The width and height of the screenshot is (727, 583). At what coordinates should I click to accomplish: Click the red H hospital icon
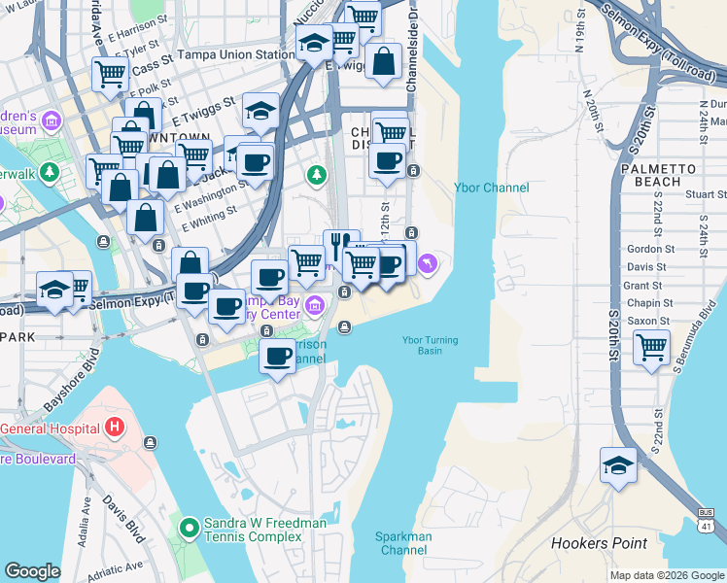click(x=115, y=427)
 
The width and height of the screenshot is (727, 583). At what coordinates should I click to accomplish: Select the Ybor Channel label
click(x=492, y=188)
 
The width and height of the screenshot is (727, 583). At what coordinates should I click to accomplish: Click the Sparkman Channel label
click(x=404, y=543)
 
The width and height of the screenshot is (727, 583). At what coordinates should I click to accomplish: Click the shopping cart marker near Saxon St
click(x=650, y=346)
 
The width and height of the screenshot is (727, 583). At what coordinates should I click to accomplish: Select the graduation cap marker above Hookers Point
click(x=618, y=464)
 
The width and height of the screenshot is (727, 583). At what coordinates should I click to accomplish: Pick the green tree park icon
click(x=316, y=175)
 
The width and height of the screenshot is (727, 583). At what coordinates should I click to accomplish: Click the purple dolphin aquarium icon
click(x=429, y=264)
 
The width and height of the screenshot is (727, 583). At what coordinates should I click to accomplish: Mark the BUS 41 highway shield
click(x=707, y=519)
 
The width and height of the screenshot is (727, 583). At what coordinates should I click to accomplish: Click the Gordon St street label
click(x=650, y=249)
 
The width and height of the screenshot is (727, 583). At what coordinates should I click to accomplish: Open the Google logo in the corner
click(x=33, y=570)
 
